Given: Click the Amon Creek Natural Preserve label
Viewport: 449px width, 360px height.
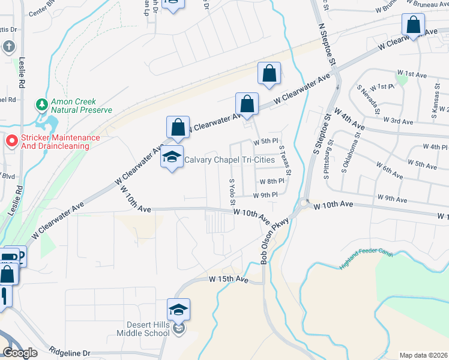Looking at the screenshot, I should click(x=82, y=106).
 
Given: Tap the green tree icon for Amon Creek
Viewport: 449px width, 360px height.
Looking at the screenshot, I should click(x=42, y=105).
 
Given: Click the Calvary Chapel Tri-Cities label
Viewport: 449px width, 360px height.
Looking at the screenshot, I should click(x=229, y=159).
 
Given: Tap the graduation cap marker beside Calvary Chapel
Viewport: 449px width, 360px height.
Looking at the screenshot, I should click(x=172, y=158).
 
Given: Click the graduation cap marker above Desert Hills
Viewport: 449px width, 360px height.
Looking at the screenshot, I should click(x=178, y=310).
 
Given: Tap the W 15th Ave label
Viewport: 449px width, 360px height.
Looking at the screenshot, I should click(x=229, y=280).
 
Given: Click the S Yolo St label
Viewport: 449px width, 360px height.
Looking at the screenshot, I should click(x=232, y=193).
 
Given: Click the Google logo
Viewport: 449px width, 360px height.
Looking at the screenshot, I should click(x=20, y=353).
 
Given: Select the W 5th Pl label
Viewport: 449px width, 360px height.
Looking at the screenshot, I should click(x=267, y=142).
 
